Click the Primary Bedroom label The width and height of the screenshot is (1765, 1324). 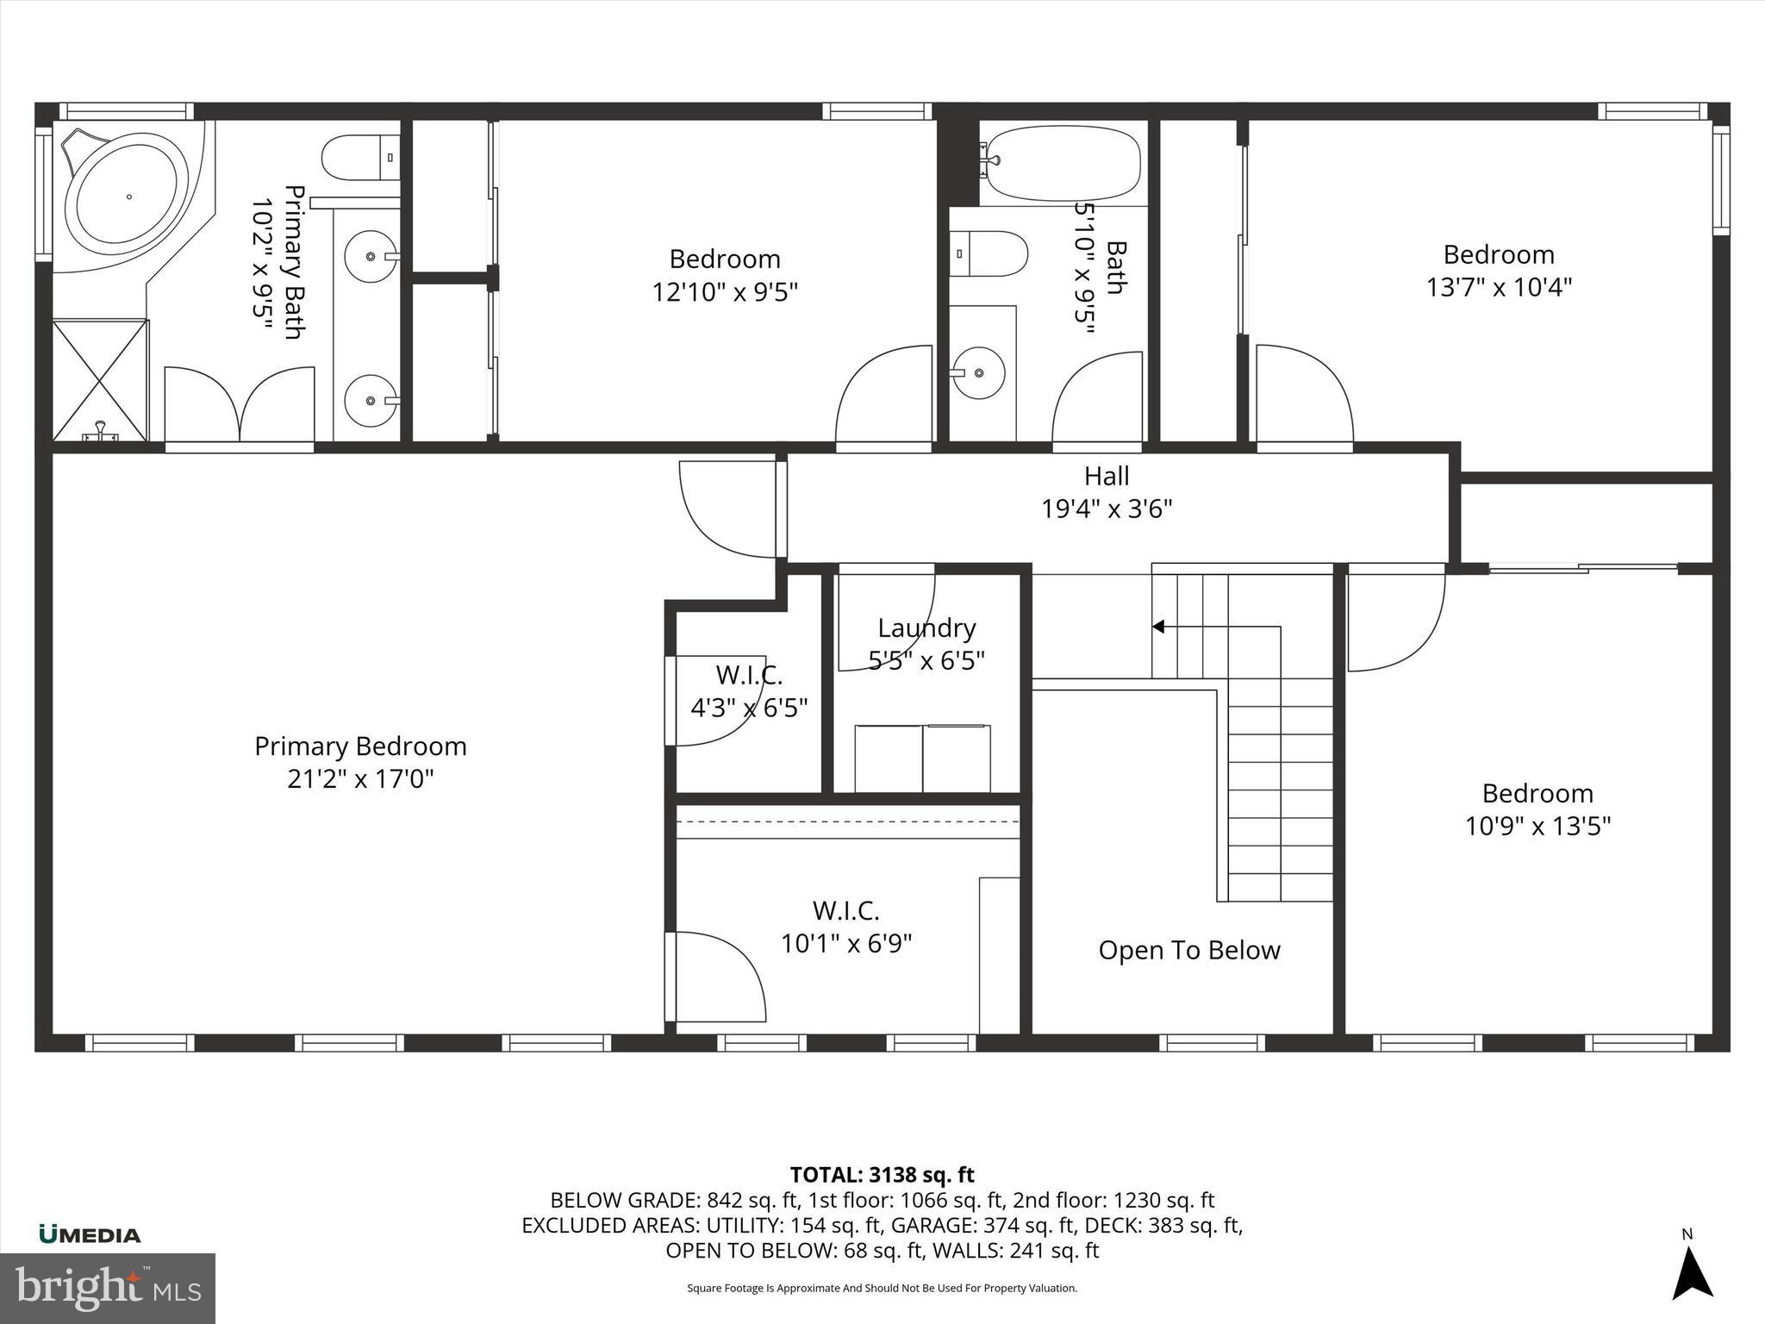[360, 746]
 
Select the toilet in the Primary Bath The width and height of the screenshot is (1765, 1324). [360, 158]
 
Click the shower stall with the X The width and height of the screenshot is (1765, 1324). [100, 380]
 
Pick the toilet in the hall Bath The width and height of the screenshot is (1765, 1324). [991, 253]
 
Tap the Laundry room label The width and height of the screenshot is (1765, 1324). [926, 628]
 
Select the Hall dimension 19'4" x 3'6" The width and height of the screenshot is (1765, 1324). [1107, 509]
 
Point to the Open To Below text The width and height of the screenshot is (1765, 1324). [1188, 950]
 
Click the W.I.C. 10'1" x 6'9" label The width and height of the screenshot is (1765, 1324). [846, 927]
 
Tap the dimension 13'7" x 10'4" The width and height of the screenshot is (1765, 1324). [1499, 287]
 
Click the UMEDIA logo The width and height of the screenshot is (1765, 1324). [90, 1235]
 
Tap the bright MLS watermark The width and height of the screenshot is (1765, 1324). [108, 1289]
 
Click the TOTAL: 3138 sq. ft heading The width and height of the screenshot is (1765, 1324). [882, 1175]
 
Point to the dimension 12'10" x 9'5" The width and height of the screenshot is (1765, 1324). [725, 292]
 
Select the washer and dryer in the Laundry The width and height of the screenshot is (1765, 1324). [922, 759]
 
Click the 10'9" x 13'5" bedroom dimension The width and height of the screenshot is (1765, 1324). [1537, 826]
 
